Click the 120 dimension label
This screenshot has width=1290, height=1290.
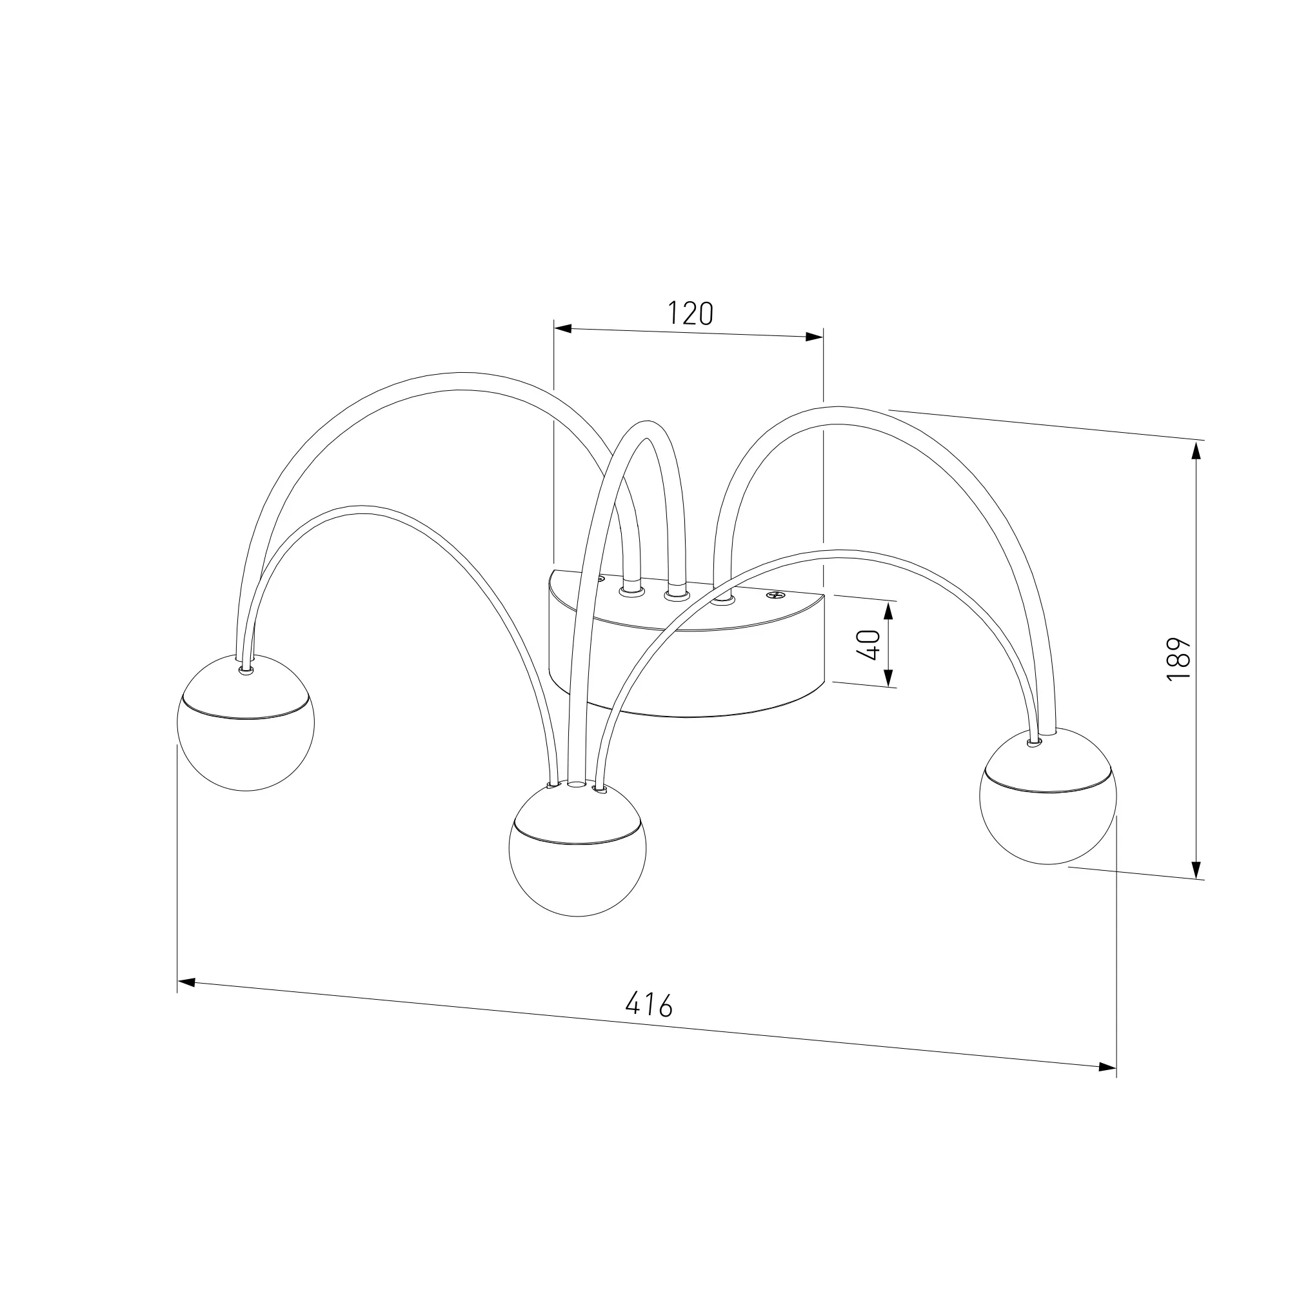[690, 313]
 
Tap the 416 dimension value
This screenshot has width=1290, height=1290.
[649, 1022]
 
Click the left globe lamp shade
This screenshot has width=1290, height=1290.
[246, 722]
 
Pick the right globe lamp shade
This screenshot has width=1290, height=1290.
[1047, 796]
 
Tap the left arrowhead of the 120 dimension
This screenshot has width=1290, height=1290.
[563, 328]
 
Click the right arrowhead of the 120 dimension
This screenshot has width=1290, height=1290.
[815, 337]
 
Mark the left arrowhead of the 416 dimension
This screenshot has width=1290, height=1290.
[186, 982]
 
